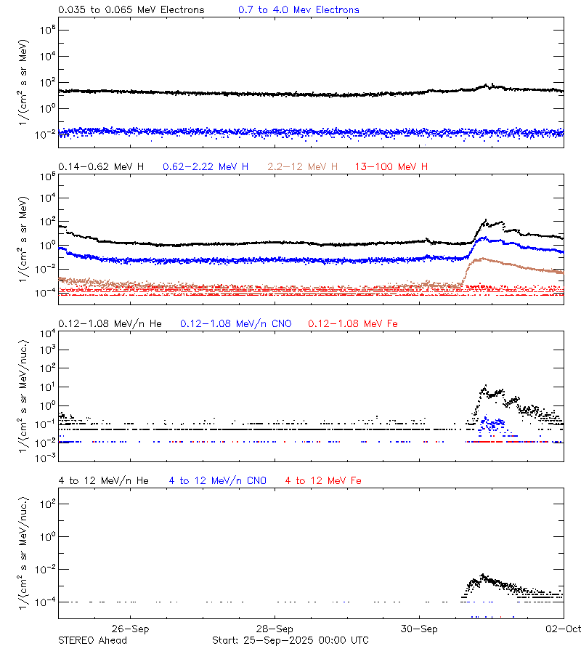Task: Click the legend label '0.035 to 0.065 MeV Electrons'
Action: [131, 10]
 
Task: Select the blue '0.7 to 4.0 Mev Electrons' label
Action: [298, 10]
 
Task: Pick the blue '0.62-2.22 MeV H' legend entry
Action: [206, 167]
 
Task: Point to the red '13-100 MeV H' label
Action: [391, 167]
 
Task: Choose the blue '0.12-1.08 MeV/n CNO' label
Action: [235, 323]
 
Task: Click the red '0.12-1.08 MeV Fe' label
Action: [353, 323]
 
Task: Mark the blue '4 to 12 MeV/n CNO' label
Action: [218, 480]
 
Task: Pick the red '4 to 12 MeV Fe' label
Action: [323, 480]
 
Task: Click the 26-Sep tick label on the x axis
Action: [131, 629]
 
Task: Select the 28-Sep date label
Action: [275, 629]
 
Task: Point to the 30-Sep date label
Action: [419, 629]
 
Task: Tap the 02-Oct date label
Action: [564, 629]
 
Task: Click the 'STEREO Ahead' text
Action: [92, 640]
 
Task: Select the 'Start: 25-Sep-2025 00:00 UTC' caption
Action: [290, 640]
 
